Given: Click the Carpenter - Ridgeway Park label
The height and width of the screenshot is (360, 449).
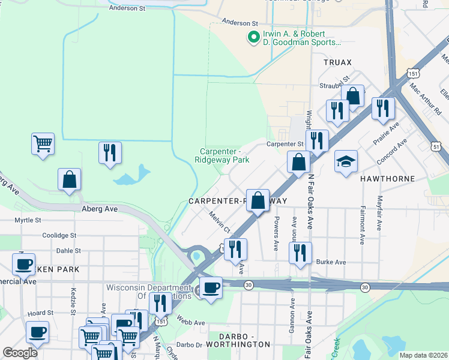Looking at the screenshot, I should pyautogui.click(x=221, y=155).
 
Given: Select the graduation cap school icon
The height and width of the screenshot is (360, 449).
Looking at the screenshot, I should pyautogui.click(x=346, y=162).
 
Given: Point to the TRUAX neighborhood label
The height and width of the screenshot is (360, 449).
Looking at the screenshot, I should pyautogui.click(x=337, y=62).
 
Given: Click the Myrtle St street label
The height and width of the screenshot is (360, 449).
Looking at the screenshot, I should pyautogui.click(x=28, y=220).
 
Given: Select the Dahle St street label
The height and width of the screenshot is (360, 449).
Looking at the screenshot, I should pyautogui.click(x=68, y=251).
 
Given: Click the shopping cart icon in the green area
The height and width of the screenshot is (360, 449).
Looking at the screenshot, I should pyautogui.click(x=43, y=145).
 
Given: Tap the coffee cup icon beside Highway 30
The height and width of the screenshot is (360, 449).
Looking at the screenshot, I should pyautogui.click(x=210, y=288).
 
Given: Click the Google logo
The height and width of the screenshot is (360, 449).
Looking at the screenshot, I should pyautogui.click(x=20, y=353).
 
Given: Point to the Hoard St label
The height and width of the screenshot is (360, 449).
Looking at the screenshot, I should pyautogui.click(x=41, y=313).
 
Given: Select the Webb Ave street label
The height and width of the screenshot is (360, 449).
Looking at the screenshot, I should pyautogui.click(x=191, y=323).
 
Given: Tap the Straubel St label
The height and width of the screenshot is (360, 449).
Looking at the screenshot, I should pyautogui.click(x=334, y=85).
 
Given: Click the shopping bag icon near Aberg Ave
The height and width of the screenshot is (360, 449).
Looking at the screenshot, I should pyautogui.click(x=70, y=180).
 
